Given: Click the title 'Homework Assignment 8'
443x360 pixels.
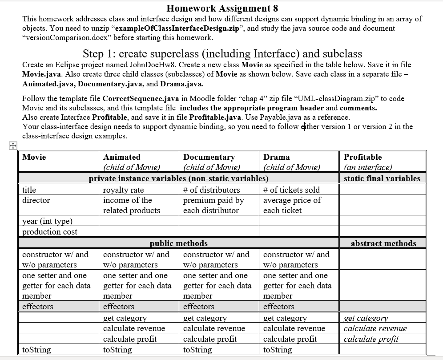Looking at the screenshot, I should (x=222, y=8).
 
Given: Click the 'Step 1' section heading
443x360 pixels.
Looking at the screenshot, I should (x=222, y=54).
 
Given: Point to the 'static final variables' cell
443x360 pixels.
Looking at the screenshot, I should (x=382, y=178).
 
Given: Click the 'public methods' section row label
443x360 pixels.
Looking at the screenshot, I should (x=178, y=243).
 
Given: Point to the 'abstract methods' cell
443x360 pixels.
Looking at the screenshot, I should (x=383, y=243).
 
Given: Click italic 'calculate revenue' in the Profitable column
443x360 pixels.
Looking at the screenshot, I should (x=375, y=328).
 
